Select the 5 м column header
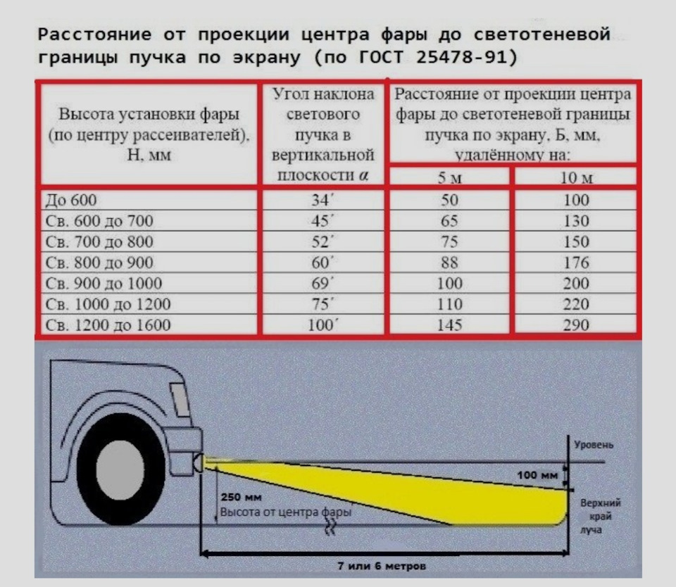(x=450, y=177)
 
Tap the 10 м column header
(x=576, y=177)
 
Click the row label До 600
(x=71, y=200)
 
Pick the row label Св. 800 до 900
(x=99, y=263)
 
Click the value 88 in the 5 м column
(x=449, y=263)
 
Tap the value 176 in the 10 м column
(x=576, y=263)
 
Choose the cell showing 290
(x=576, y=325)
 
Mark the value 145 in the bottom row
(x=449, y=325)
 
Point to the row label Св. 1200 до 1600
(x=108, y=325)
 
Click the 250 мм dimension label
(x=241, y=497)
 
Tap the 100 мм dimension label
(x=537, y=475)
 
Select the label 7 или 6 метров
(x=382, y=566)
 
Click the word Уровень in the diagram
(x=593, y=445)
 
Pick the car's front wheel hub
(x=120, y=469)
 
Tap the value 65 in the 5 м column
(x=449, y=221)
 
